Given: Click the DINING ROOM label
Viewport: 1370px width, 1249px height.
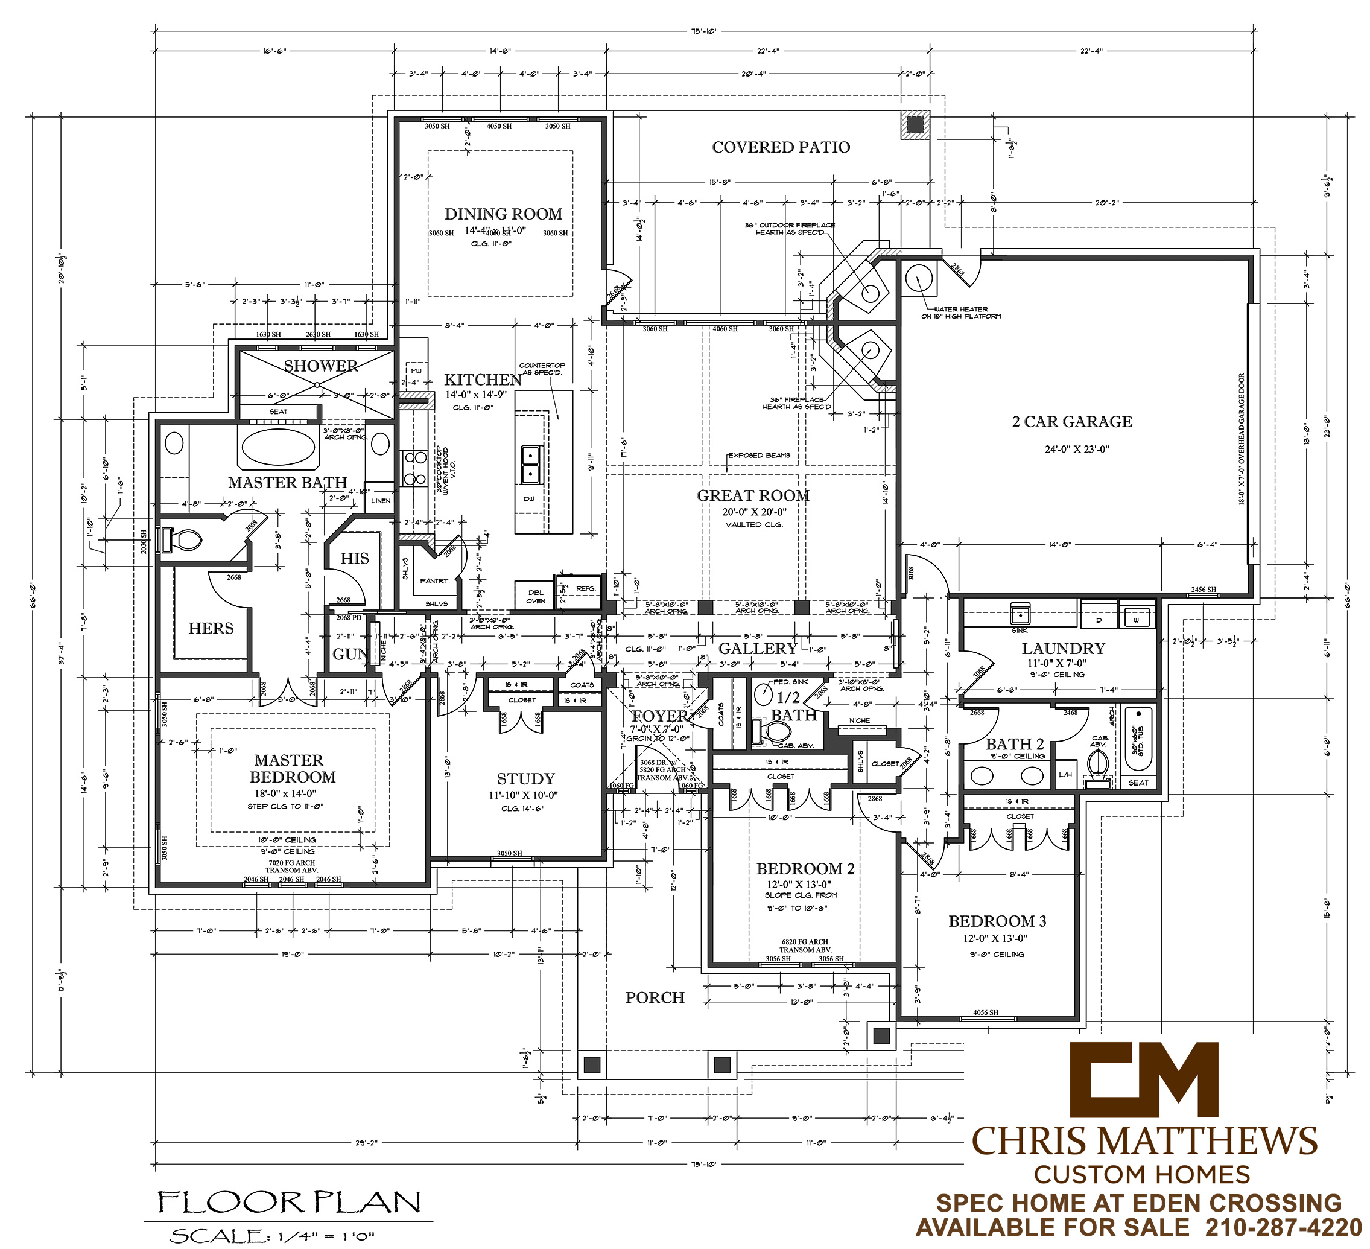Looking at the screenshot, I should click(503, 214).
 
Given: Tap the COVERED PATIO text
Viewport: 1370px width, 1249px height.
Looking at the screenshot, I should click(781, 147).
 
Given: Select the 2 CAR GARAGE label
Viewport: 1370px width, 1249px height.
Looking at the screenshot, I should click(1071, 421).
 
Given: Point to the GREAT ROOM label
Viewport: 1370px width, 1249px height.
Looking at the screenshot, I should click(753, 495).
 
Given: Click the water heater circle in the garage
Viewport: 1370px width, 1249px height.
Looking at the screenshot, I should click(919, 278).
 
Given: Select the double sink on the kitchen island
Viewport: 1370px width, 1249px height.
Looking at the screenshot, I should click(530, 464).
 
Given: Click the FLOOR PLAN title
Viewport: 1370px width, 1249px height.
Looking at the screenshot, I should click(289, 1202).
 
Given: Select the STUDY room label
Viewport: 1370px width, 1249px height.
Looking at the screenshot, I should click(525, 779).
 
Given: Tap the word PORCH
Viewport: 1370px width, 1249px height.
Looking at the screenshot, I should click(655, 997).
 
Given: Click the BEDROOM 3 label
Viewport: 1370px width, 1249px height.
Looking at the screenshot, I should click(997, 921).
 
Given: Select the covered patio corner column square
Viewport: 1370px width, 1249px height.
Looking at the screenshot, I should click(915, 124).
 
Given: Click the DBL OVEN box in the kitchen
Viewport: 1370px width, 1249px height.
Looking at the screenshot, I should click(536, 597).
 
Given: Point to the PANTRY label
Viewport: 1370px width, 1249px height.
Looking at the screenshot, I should click(434, 581).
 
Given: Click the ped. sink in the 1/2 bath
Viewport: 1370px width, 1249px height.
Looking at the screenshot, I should click(763, 694).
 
